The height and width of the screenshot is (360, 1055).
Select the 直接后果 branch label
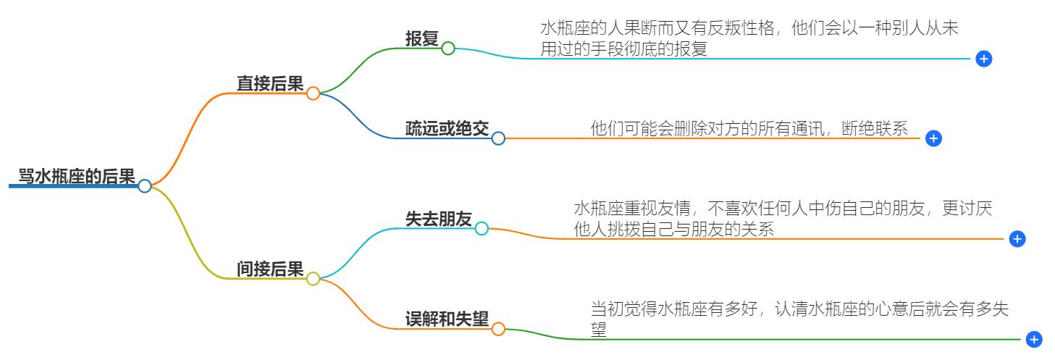[x=270, y=83]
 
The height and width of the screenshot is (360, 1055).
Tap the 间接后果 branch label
[x=270, y=269]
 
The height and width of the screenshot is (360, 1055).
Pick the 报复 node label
[x=421, y=39]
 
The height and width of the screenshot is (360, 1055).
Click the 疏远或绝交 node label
[x=447, y=129]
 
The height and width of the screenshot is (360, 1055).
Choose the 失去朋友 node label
[x=438, y=219]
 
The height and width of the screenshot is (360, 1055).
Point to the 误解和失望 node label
[x=447, y=319]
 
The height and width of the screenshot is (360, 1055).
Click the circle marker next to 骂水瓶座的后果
[x=145, y=186]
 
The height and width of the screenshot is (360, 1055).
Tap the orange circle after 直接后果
[x=313, y=93]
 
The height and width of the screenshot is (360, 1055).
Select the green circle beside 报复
[x=448, y=49]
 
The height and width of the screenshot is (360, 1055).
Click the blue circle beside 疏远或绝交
[x=498, y=138]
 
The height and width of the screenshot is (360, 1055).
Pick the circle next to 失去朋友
[x=482, y=229]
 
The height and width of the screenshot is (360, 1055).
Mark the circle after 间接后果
[x=313, y=279]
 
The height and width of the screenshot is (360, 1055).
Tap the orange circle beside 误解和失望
[x=498, y=329]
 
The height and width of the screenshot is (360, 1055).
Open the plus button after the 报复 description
[x=983, y=59]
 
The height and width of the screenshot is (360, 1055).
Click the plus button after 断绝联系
[x=933, y=138]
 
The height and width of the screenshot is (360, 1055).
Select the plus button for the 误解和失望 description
[x=1034, y=339]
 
